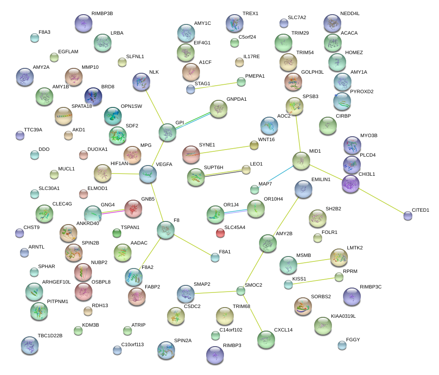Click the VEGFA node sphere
pos(148,174)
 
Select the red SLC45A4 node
pos(220,232)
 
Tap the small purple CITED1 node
pos(407,216)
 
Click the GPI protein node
pos(168,132)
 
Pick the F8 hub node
pos(166,230)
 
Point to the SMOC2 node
pos(240,291)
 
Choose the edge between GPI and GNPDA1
pos(193,120)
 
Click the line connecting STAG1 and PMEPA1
pos(216,86)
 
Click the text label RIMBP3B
pos(102,14)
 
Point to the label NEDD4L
pos(350,14)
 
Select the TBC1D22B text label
pos(50,336)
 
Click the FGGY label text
pos(352,339)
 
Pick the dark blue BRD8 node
pos(93,95)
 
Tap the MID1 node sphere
pos(301,161)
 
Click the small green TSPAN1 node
pos(117,233)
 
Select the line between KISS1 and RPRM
pos(314,281)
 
